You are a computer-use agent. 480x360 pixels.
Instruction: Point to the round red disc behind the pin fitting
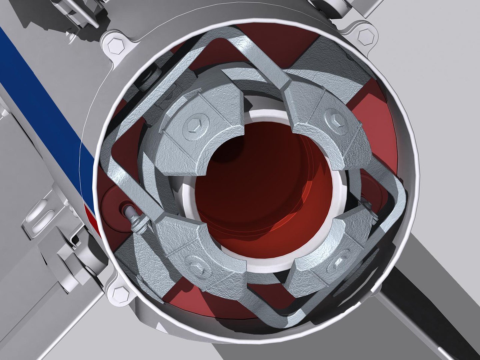coord(115,205)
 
